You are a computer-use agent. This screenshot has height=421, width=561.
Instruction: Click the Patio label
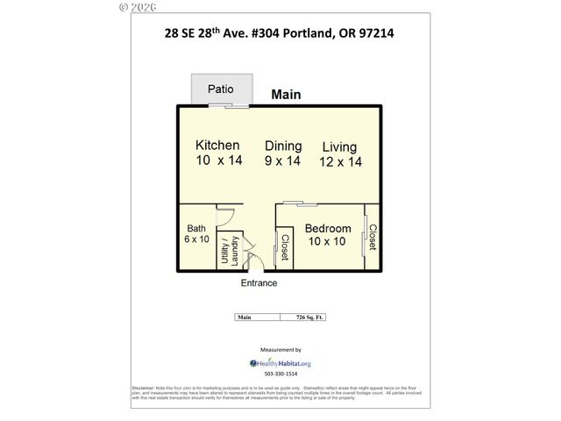tap(220, 89)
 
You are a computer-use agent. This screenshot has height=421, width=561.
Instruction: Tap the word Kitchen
tap(217, 145)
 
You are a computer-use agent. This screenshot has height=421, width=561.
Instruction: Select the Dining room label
tap(283, 146)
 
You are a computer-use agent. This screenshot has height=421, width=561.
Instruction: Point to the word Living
tap(339, 146)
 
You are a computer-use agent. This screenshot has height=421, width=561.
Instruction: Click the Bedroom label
tap(328, 229)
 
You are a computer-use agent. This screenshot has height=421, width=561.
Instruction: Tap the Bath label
tap(196, 229)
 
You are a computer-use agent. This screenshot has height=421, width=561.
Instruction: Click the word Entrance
tap(259, 283)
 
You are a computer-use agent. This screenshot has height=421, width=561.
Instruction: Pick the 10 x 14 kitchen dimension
tap(217, 161)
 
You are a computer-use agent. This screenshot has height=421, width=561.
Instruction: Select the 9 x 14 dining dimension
tap(283, 161)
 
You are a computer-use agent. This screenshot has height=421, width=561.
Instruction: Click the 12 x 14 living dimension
tap(341, 162)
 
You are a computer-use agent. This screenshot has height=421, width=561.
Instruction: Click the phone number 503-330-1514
tap(281, 374)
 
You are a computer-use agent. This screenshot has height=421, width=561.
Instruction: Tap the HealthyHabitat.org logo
tap(280, 362)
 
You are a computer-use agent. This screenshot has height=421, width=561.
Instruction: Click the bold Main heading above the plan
tap(287, 95)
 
